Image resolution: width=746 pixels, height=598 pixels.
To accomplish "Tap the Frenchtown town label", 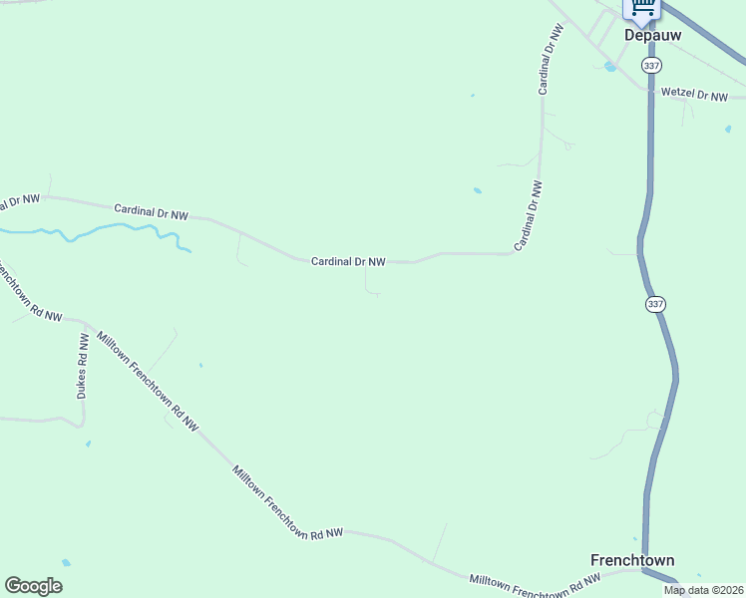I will pyautogui.click(x=632, y=560).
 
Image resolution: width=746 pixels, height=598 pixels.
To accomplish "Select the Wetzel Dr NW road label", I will pyautogui.click(x=695, y=96).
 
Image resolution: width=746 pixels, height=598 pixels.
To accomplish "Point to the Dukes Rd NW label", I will pyautogui.click(x=83, y=366).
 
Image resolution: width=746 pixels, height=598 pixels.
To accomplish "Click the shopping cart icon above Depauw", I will pyautogui.click(x=642, y=8).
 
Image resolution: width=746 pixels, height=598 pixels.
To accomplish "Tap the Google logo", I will pyautogui.click(x=33, y=586).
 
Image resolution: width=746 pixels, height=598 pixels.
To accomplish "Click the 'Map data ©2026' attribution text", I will pyautogui.click(x=703, y=590).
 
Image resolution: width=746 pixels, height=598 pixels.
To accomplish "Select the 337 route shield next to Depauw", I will pyautogui.click(x=651, y=65).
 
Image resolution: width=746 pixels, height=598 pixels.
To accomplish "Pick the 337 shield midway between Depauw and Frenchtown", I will pyautogui.click(x=654, y=303).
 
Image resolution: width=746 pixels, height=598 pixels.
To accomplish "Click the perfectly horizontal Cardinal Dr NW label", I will pyautogui.click(x=348, y=261).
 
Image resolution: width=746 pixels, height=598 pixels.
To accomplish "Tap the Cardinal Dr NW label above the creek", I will pyautogui.click(x=151, y=212).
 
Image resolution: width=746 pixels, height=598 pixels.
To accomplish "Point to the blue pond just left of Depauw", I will pyautogui.click(x=609, y=67).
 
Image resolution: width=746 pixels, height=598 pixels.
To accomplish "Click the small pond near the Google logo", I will pyautogui.click(x=66, y=563).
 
